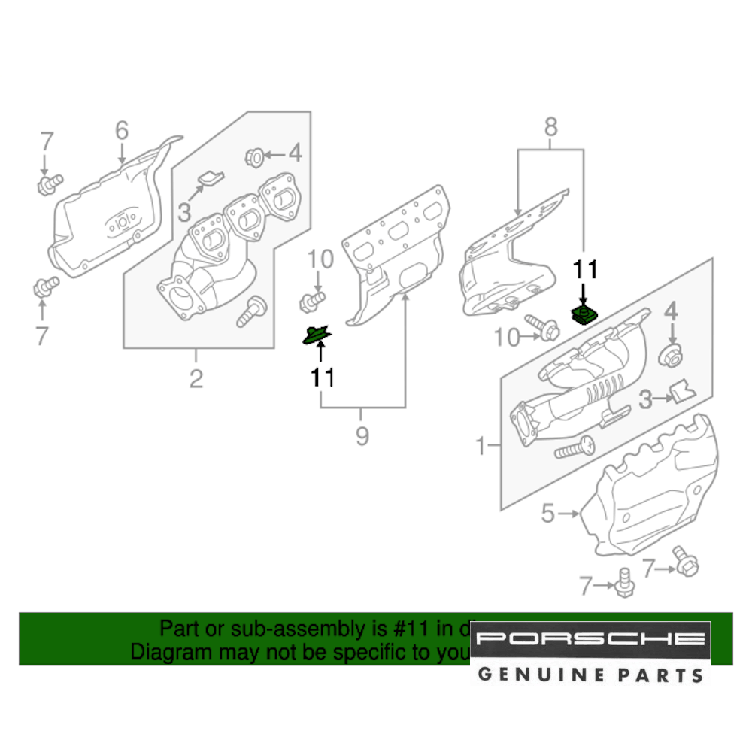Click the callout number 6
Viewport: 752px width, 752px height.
(x=122, y=131)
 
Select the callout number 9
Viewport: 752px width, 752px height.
(x=362, y=435)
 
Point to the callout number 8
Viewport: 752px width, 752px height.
(x=551, y=128)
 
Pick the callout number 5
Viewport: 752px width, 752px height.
(x=547, y=514)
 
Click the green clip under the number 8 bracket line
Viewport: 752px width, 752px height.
(x=584, y=314)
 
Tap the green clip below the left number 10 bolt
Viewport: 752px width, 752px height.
(x=317, y=334)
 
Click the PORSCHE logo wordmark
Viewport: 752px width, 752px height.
(x=591, y=640)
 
